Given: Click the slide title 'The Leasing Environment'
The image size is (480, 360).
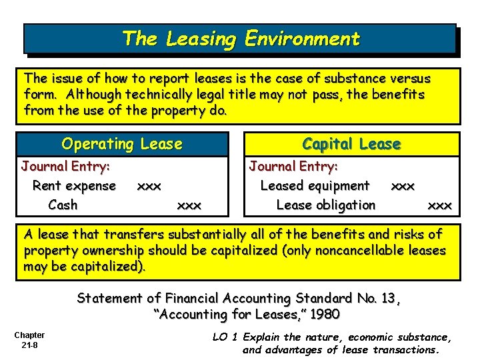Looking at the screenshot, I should (x=240, y=39).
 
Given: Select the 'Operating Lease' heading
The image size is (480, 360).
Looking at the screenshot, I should (x=121, y=144).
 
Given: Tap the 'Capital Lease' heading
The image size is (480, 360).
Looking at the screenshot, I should (x=351, y=144).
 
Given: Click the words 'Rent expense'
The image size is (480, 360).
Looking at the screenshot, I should (x=74, y=185).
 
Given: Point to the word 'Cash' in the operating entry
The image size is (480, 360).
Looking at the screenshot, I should (x=63, y=205).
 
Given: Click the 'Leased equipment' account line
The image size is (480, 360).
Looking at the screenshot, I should (x=315, y=185).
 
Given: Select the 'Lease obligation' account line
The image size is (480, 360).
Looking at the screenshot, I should (x=326, y=205).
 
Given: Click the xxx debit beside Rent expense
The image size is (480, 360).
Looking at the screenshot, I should (x=149, y=186).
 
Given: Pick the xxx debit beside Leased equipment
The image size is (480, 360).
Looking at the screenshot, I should (x=403, y=186).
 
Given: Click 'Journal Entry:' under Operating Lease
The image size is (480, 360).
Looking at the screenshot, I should (x=65, y=166).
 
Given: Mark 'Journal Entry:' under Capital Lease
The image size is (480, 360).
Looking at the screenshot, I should (x=293, y=166).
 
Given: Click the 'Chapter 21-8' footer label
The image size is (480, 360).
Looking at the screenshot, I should (x=29, y=340).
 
